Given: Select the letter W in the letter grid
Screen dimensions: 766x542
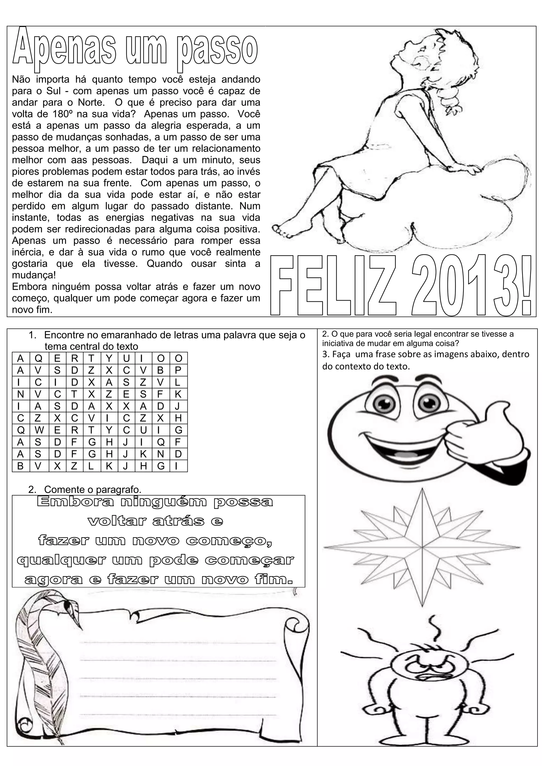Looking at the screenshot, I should coord(38,430).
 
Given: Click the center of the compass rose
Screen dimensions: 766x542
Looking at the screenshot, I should coord(422,548).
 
